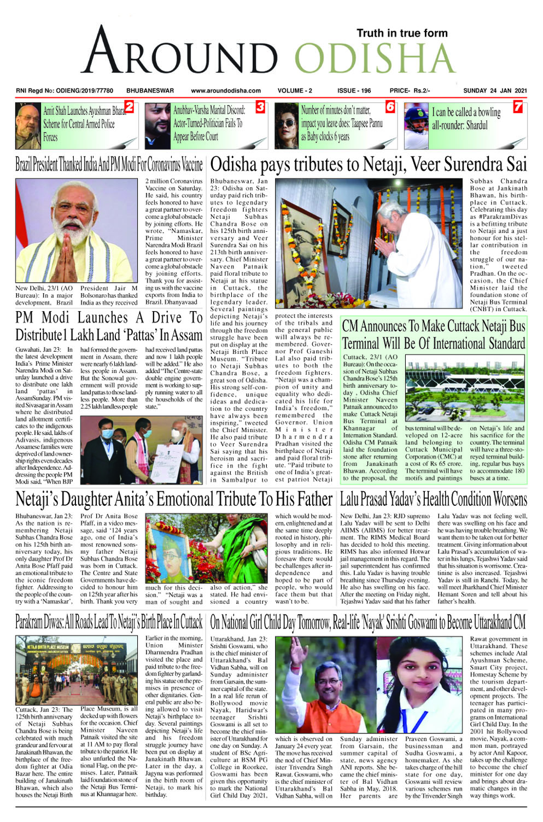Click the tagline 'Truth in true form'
tap(402, 33)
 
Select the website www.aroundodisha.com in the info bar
tap(226, 91)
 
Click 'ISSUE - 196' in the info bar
tap(354, 91)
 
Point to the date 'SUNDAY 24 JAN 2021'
tap(495, 91)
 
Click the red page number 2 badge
tap(130, 107)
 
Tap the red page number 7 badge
tap(517, 107)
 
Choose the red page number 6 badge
tap(390, 107)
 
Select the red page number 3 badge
tap(260, 107)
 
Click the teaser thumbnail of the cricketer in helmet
tap(416, 126)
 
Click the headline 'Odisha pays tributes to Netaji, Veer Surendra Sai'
tap(369, 165)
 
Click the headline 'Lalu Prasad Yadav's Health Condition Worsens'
tap(433, 499)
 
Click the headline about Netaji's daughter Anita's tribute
tap(174, 499)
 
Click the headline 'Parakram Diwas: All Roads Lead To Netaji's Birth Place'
tap(109, 622)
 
